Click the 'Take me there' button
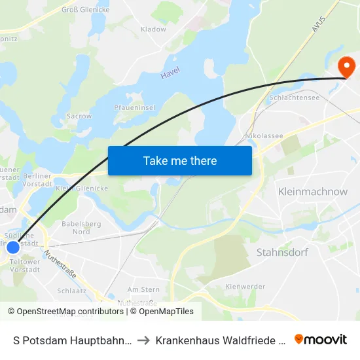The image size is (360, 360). (180, 160)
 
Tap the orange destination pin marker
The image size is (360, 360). (345, 66)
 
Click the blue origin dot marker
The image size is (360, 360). (13, 247)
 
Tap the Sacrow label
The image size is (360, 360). (79, 116)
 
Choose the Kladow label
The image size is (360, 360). (153, 29)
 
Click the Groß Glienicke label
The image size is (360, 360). (85, 10)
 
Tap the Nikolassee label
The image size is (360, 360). (264, 135)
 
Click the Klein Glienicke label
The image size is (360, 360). (82, 189)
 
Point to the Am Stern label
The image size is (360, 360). (143, 289)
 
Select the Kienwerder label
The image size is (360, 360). (245, 287)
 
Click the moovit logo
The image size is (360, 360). (321, 339)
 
